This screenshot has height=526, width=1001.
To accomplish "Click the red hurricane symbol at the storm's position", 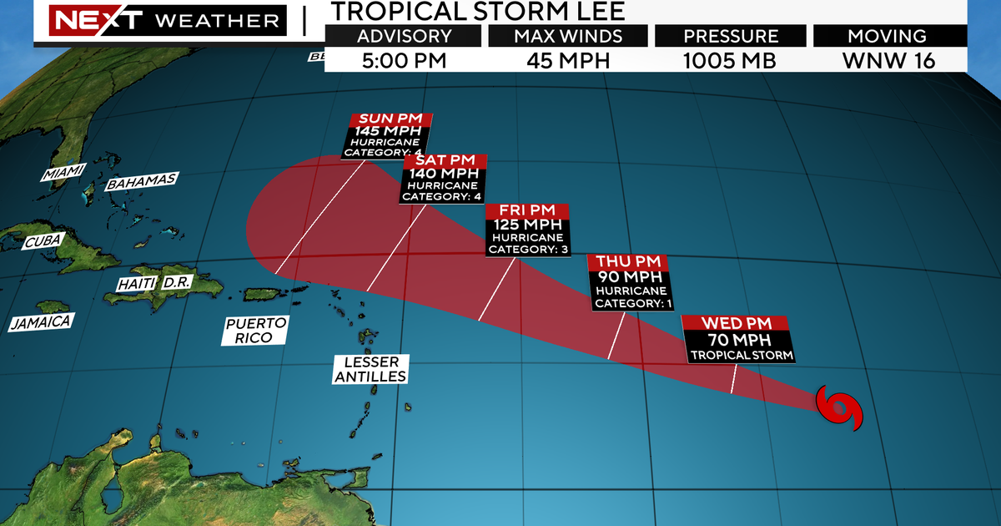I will (x=839, y=409).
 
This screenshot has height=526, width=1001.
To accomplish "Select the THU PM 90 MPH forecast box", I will (x=630, y=283).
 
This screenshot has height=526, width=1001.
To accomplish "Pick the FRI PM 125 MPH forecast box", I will (x=526, y=230).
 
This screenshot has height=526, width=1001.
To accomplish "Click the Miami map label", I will (x=63, y=173).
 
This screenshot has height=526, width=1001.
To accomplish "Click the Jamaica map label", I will (x=40, y=321).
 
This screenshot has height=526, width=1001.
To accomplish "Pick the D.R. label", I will (x=177, y=282).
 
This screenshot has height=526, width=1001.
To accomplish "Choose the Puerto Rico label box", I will (x=255, y=330).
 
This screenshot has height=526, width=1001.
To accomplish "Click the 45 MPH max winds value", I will (x=568, y=60).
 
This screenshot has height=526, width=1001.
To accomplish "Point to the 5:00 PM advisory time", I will (x=404, y=60).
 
